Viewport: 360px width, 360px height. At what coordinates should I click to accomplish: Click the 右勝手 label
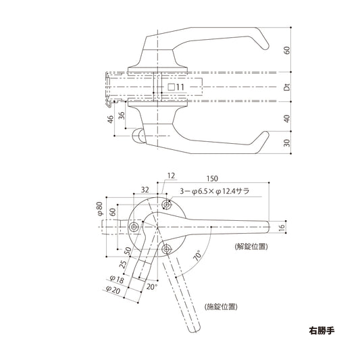[322, 332]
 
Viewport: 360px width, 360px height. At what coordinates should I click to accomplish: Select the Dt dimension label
[286, 86]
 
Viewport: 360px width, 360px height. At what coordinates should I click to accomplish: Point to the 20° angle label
[152, 286]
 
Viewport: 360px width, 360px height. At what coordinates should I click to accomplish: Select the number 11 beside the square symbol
[180, 87]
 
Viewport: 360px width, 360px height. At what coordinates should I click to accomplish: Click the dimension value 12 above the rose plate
[170, 176]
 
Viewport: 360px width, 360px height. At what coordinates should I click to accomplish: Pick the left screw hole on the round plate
[133, 227]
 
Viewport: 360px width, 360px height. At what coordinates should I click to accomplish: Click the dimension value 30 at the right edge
[286, 143]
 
